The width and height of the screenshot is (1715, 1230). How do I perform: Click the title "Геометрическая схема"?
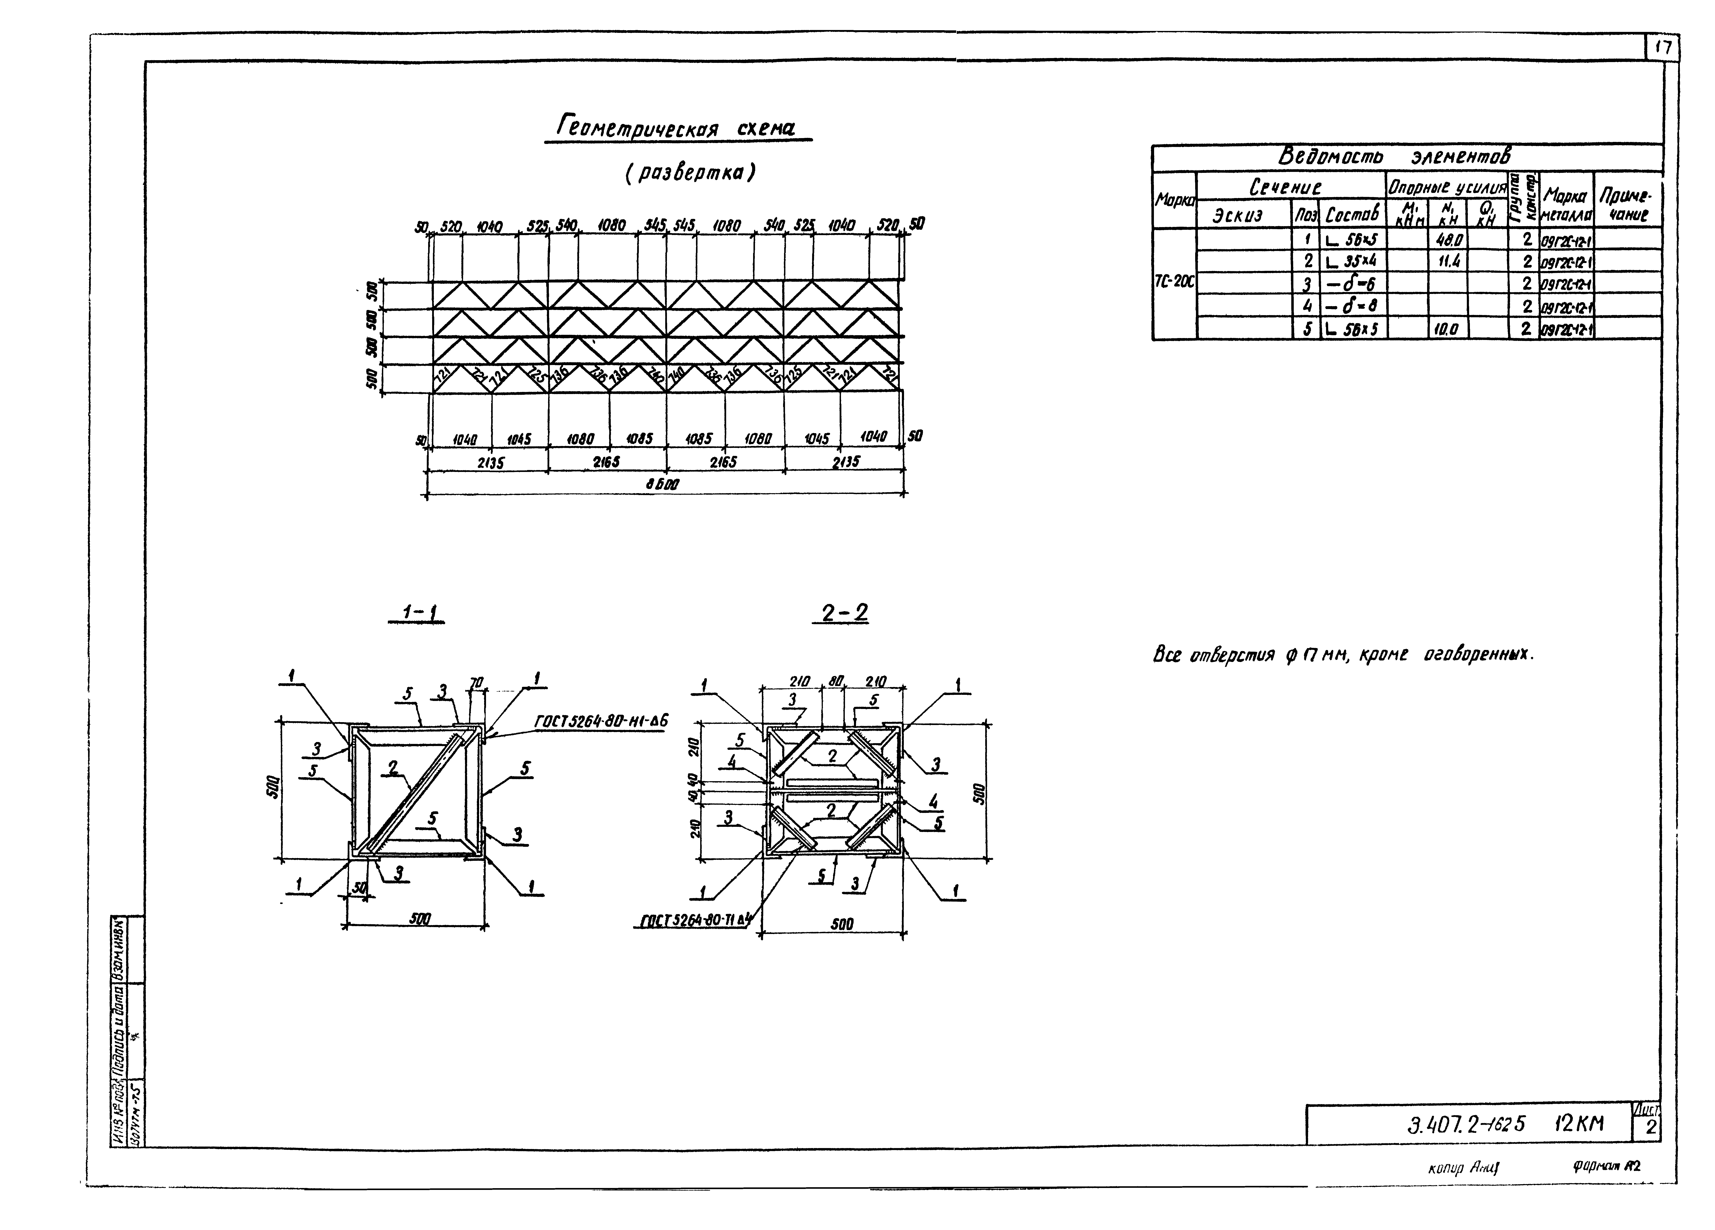677,127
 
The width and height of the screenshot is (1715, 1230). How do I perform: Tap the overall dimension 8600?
662,485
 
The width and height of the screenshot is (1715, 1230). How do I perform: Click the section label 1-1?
416,612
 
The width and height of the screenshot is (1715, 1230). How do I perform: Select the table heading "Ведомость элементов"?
1395,156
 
